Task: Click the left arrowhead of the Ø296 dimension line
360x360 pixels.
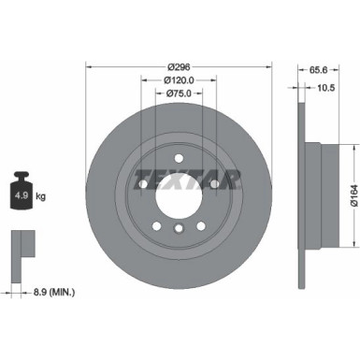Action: pyautogui.click(x=89, y=67)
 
